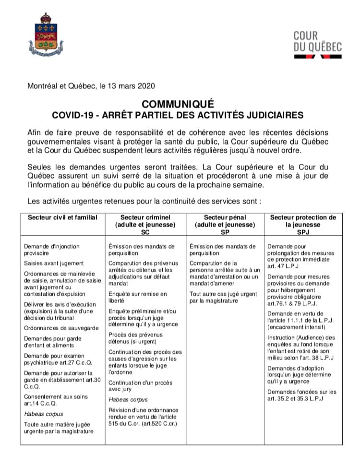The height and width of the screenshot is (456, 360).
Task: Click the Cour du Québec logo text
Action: tap(317, 41)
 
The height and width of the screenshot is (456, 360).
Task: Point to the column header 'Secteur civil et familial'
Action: tap(62, 217)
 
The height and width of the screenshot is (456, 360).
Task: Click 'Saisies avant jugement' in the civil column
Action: tap(54, 263)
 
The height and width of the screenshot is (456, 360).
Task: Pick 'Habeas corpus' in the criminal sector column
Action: tap(128, 399)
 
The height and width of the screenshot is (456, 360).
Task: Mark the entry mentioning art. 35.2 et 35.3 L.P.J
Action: tap(301, 395)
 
